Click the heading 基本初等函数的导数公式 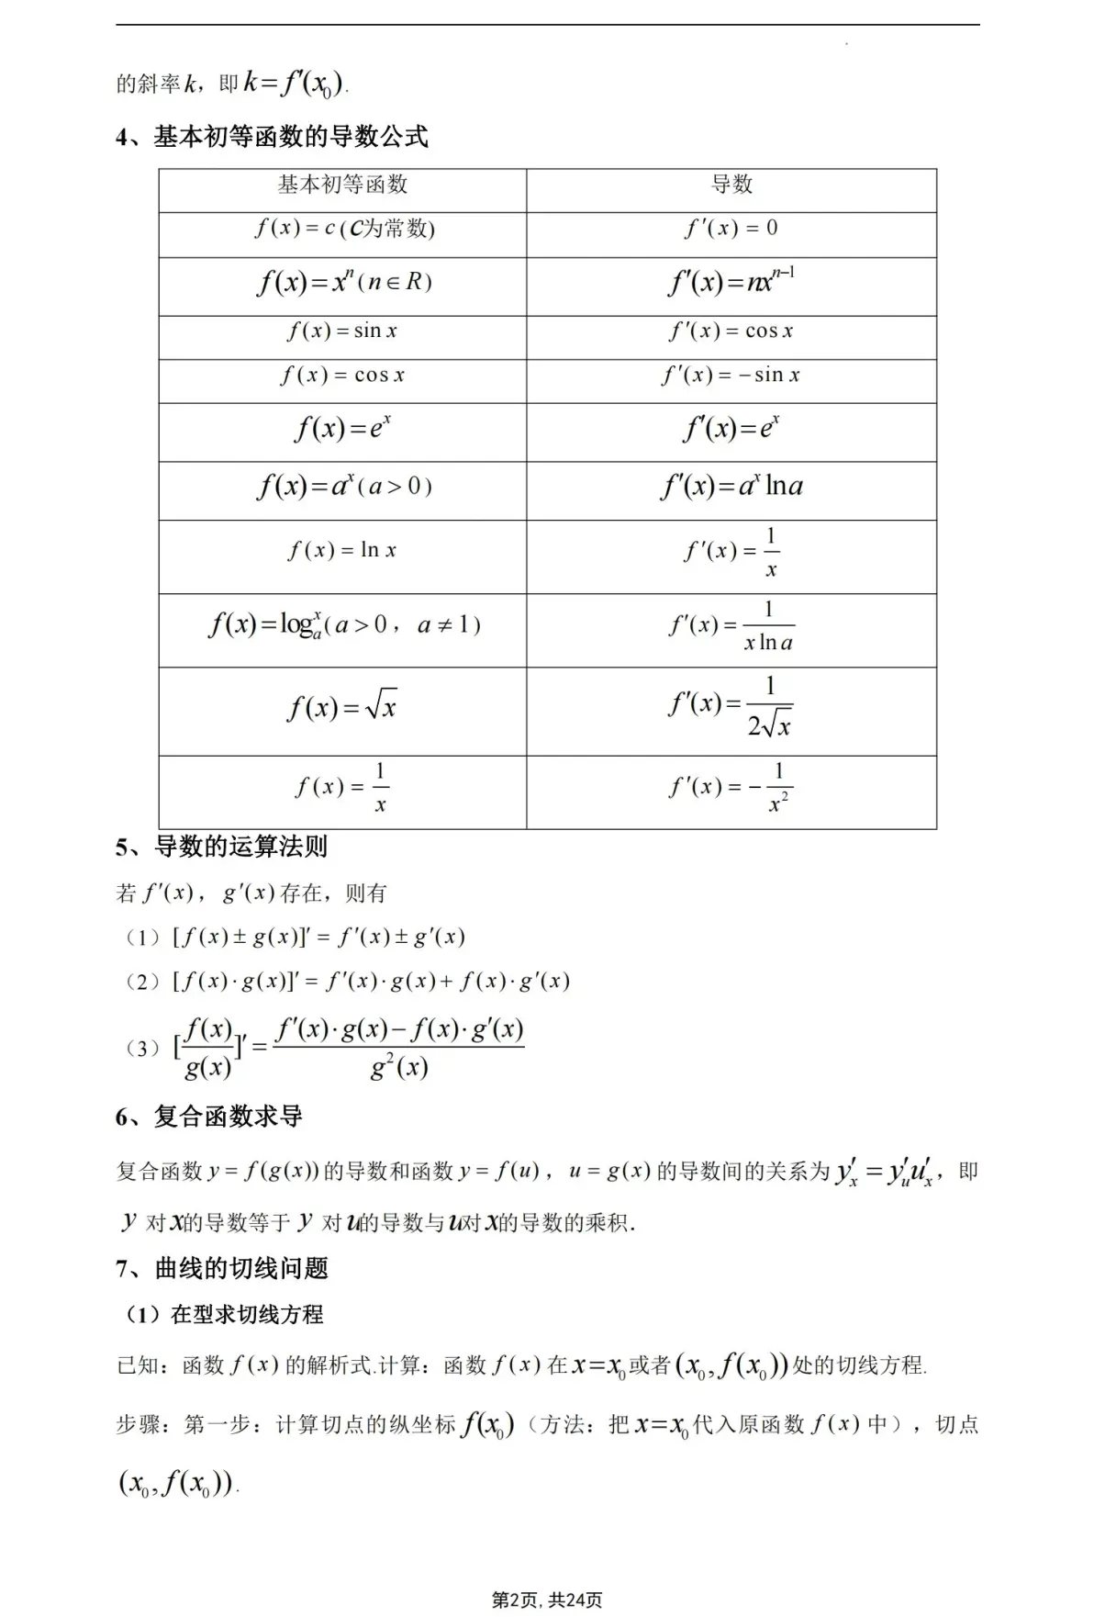pos(290,138)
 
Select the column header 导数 pos(731,185)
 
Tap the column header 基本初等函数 pos(342,185)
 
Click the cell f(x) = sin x pos(342,331)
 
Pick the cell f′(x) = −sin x pos(731,376)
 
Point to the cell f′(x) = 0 pos(731,229)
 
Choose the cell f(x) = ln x pos(342,551)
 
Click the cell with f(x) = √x pos(342,707)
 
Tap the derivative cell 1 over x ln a pos(731,626)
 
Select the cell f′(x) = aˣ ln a pos(731,487)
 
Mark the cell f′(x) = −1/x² pos(731,788)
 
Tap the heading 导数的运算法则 pos(240,847)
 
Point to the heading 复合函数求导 pos(228,1117)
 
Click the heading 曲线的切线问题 pos(240,1269)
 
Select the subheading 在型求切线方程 pos(246,1315)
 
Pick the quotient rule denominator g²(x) pos(399,1068)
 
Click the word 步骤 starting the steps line pos(138,1425)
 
